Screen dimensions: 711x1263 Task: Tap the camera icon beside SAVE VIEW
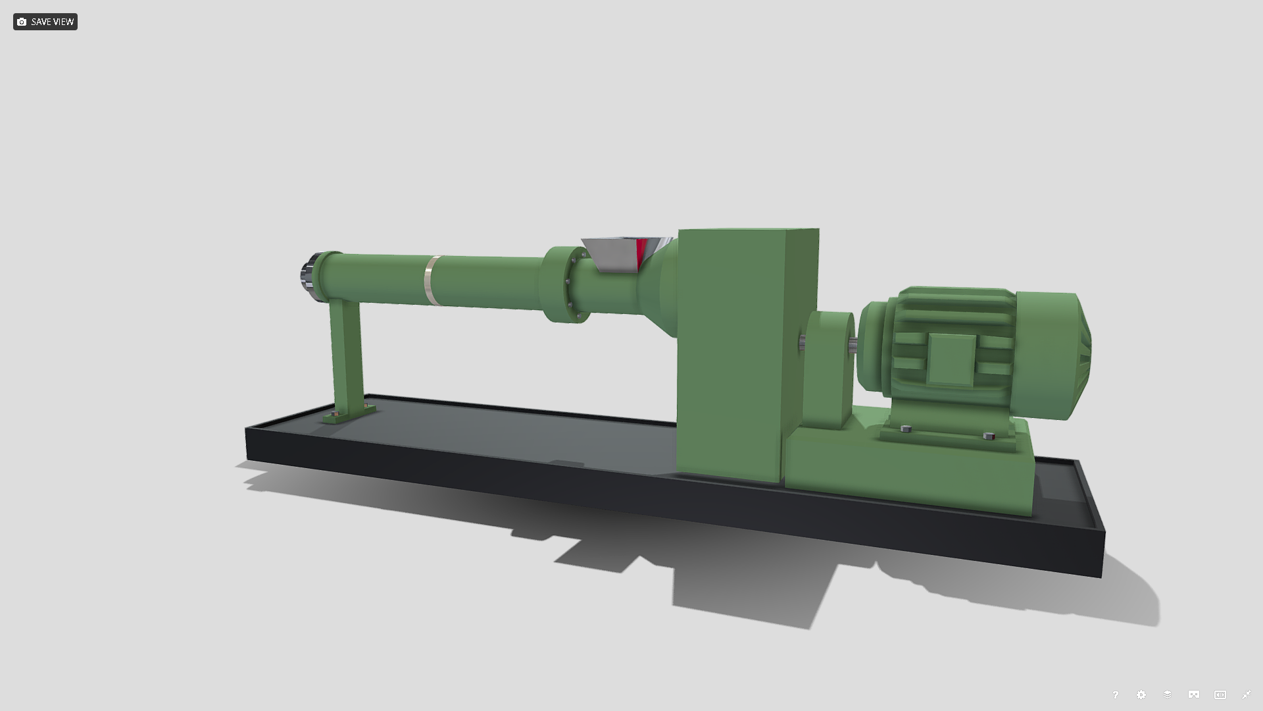(22, 22)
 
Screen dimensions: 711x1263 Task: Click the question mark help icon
(1115, 695)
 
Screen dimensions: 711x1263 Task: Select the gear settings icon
(1141, 695)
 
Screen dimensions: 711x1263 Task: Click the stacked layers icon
(1168, 695)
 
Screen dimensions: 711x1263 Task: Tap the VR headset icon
(1194, 695)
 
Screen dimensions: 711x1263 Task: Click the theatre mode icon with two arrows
(1220, 695)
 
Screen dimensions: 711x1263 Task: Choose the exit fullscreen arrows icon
(1247, 695)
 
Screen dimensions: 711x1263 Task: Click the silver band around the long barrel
(430, 280)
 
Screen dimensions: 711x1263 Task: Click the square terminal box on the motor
(951, 359)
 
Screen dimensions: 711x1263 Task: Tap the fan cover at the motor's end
(1066, 355)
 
